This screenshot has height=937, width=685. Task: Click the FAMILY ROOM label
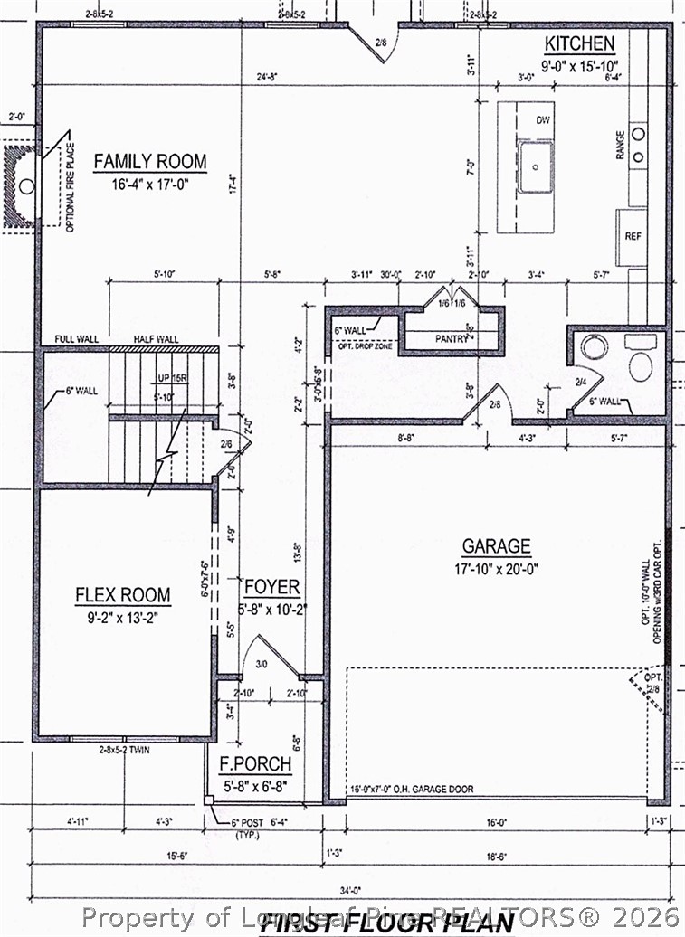click(x=150, y=163)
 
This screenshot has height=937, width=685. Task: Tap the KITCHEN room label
click(x=579, y=43)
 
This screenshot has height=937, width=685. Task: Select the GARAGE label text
click(x=496, y=546)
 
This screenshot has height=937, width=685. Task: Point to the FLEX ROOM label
click(x=122, y=595)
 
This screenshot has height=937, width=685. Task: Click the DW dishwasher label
click(x=543, y=120)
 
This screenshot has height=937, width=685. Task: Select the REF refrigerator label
click(x=633, y=235)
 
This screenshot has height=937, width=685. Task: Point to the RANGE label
click(x=621, y=147)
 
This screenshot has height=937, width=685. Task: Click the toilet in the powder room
click(x=640, y=366)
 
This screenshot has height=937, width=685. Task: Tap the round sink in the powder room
click(x=594, y=346)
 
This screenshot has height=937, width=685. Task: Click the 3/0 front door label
click(x=263, y=665)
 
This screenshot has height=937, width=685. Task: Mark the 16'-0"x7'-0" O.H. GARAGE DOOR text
click(x=412, y=790)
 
